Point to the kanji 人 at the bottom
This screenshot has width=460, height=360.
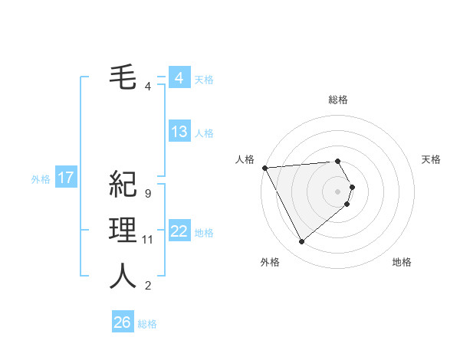[123, 276]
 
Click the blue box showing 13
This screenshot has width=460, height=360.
[179, 132]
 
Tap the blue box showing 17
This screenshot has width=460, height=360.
[66, 178]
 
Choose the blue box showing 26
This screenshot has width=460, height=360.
[123, 322]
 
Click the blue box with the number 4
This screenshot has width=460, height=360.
[179, 78]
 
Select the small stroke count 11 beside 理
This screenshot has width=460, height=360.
[148, 240]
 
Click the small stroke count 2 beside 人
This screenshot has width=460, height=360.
[147, 286]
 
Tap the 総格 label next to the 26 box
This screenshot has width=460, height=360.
[147, 324]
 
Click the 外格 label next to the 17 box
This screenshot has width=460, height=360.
[41, 179]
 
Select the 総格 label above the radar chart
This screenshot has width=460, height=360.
[338, 100]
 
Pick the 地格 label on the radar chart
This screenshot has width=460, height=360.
[402, 262]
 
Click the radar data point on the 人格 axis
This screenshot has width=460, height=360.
[264, 167]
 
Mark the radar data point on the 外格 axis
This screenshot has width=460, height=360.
[301, 241]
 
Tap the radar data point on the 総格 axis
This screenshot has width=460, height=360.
[338, 161]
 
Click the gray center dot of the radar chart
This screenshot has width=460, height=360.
[338, 191]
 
